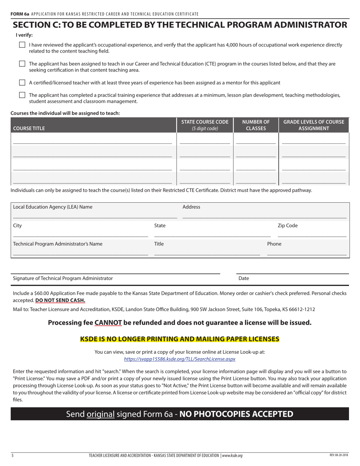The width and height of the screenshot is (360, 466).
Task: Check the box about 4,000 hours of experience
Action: tap(22, 45)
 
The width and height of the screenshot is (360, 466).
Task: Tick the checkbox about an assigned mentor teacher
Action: tap(22, 83)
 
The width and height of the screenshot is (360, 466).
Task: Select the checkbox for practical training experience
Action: tap(22, 95)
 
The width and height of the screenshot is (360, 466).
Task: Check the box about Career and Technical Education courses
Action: tap(22, 64)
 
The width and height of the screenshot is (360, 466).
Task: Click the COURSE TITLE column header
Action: tap(29, 128)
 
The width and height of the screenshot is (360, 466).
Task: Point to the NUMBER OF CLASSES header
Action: tap(256, 125)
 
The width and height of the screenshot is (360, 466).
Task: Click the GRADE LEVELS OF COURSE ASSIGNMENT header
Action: tap(313, 125)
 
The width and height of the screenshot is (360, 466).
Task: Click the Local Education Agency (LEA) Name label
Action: tap(53, 207)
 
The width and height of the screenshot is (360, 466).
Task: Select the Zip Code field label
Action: tap(288, 225)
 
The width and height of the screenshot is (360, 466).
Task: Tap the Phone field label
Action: tap(274, 244)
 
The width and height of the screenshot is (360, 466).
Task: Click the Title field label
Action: tap(159, 244)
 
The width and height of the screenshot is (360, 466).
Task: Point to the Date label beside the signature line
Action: tap(244, 278)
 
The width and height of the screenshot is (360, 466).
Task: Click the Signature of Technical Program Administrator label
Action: tap(63, 278)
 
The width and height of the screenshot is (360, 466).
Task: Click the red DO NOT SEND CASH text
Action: tap(60, 300)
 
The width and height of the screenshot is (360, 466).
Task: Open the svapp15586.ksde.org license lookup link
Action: tap(180, 359)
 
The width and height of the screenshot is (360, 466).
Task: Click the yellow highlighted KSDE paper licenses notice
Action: tap(180, 339)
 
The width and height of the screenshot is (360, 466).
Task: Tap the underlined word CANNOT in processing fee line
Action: tap(108, 323)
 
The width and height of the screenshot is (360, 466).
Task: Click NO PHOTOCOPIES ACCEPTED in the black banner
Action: tap(236, 414)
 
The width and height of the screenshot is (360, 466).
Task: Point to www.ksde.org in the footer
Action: tap(232, 456)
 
